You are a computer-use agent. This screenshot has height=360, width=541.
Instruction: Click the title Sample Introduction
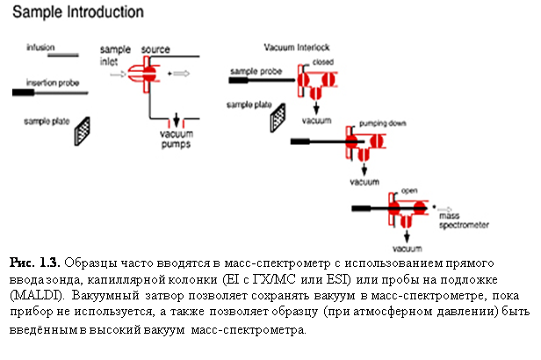pos(78,13)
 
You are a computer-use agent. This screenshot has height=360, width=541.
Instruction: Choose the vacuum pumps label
pos(178,139)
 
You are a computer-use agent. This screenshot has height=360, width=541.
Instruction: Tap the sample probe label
pos(249,69)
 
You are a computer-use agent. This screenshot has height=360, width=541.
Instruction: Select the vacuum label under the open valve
pos(407,248)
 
